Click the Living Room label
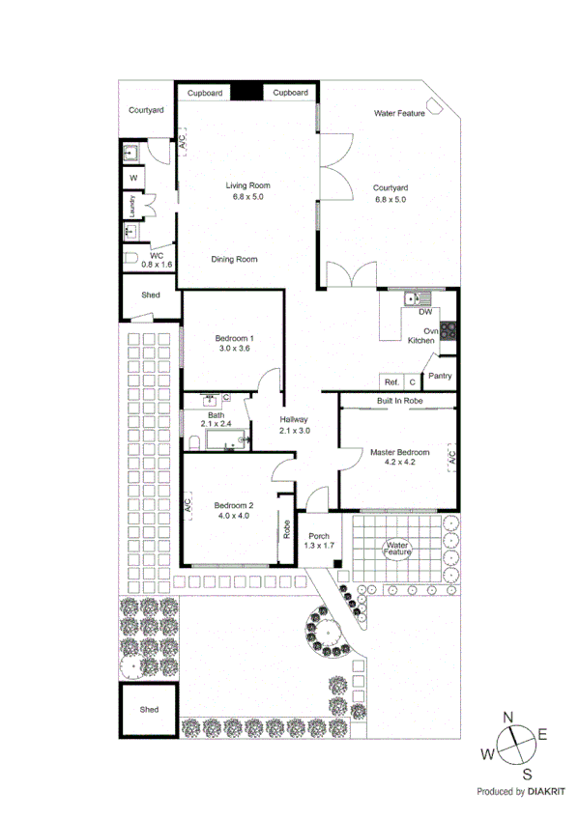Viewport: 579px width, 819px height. point(247,185)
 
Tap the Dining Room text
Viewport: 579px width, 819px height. point(234,259)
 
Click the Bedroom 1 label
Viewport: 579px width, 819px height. point(232,337)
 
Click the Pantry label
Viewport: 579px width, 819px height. point(440,377)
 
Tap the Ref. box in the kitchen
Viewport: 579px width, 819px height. point(391,381)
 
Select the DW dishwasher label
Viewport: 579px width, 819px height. point(425,312)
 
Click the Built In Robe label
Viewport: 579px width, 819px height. point(399,399)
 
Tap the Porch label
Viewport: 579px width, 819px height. point(319,535)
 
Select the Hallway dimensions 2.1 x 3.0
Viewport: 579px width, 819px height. point(294,431)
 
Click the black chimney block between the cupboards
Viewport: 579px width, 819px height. point(246,92)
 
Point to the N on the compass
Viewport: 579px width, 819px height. point(508,718)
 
